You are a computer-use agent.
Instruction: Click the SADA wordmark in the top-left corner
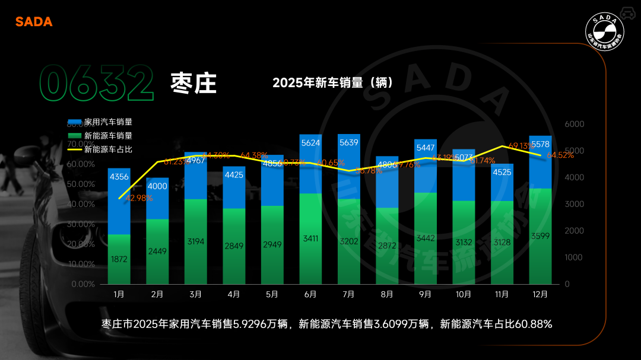[x=34, y=22]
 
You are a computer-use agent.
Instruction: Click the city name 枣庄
[x=193, y=83]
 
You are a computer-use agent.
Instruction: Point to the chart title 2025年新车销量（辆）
[x=333, y=82]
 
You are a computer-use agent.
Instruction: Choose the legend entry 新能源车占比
[x=108, y=149]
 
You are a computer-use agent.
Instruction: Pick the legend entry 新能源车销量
[x=108, y=136]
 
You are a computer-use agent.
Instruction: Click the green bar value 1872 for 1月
[x=119, y=259]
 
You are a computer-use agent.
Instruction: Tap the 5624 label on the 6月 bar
[x=310, y=143]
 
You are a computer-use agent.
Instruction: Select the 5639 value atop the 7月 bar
[x=348, y=143]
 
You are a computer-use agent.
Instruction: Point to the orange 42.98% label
[x=139, y=198]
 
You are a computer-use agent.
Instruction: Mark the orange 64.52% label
[x=560, y=155]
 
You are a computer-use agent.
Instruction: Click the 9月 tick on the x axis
[x=425, y=294]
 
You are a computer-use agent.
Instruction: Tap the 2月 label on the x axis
[x=157, y=294]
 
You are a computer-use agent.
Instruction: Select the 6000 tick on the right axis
[x=575, y=124]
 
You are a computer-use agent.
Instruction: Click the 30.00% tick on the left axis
[x=82, y=224]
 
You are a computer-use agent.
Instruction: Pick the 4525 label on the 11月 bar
[x=502, y=173]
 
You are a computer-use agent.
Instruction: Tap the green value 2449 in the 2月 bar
[x=157, y=251]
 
